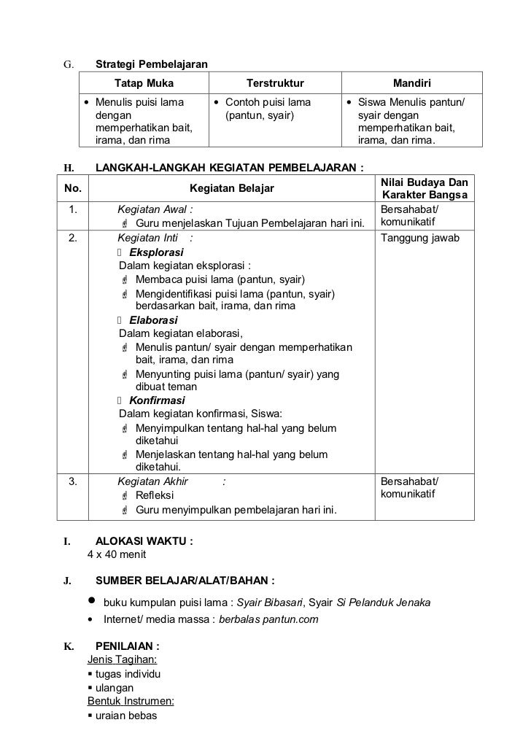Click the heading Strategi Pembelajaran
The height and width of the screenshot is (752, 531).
152,66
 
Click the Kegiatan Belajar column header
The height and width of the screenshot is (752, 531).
230,189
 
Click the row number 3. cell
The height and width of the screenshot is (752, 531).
73,481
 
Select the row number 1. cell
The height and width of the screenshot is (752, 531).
73,210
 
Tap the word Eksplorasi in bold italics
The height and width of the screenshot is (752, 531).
155,252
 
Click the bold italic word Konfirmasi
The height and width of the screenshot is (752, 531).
157,400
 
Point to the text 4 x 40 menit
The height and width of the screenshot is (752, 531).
117,554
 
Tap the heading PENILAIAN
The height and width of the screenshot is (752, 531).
127,646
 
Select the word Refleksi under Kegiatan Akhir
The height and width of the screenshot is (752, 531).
155,495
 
